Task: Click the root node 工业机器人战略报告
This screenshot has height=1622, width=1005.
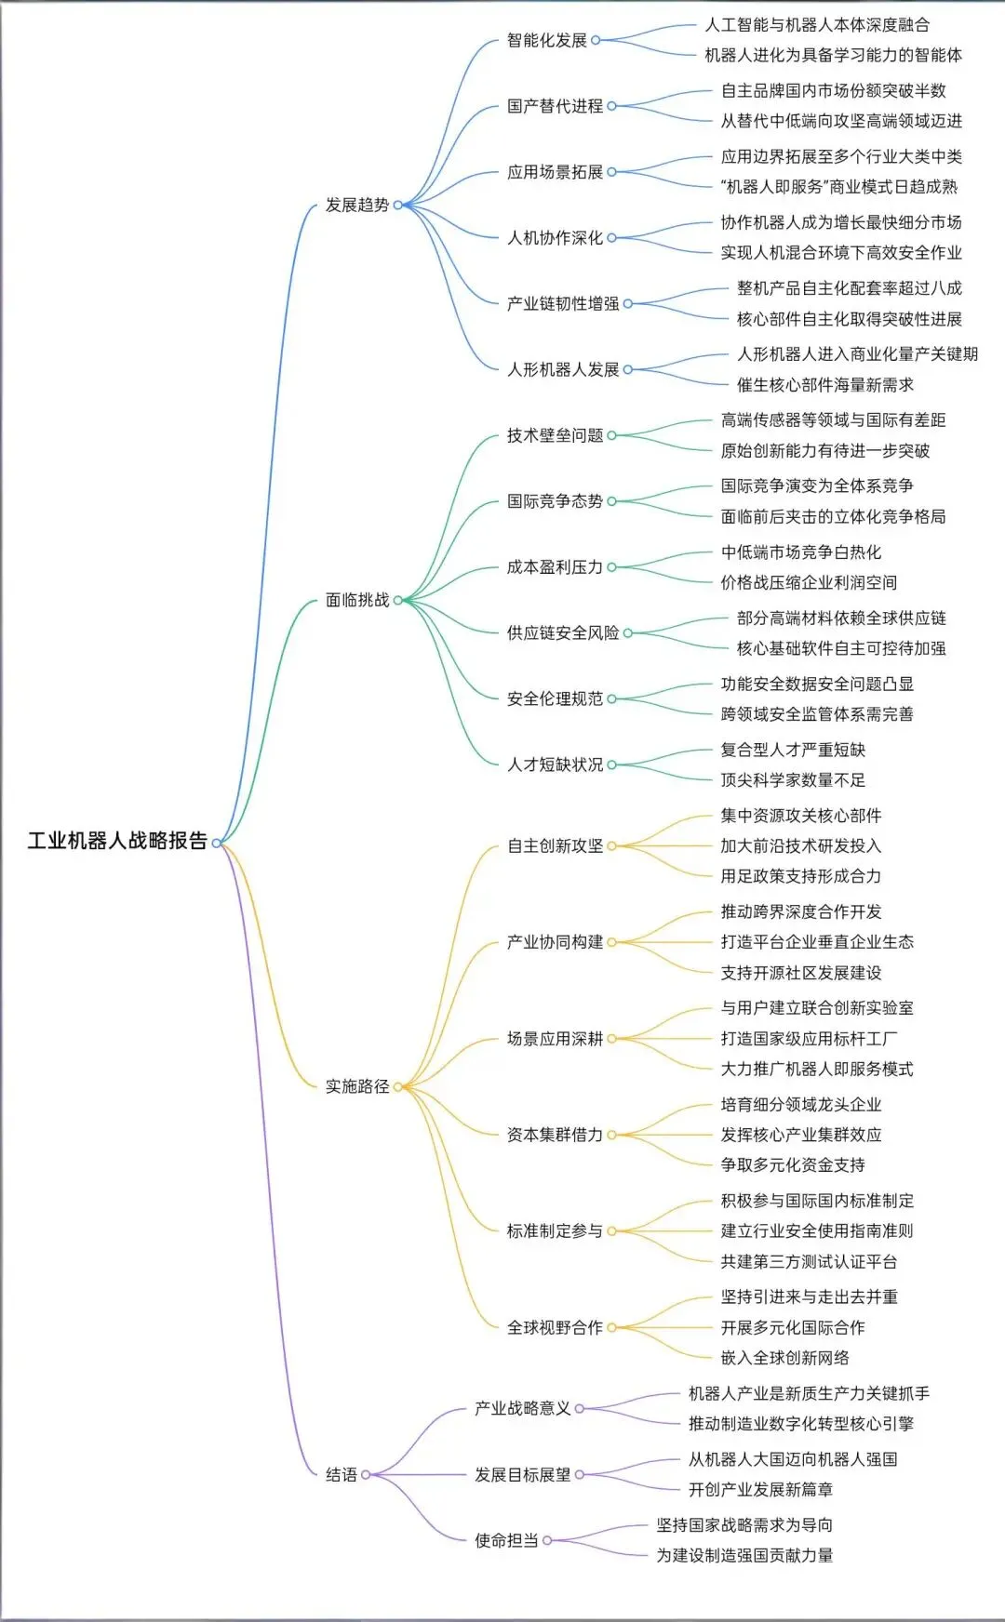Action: click(x=117, y=841)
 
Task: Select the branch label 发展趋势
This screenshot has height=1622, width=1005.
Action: click(x=357, y=205)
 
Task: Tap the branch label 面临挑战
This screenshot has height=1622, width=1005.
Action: click(x=357, y=600)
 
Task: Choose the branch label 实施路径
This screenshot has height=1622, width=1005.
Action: click(x=357, y=1086)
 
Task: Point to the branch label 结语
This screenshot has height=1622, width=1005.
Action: click(x=342, y=1474)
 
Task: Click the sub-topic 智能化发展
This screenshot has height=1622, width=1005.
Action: click(x=547, y=40)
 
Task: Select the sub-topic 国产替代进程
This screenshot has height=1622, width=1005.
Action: click(x=555, y=106)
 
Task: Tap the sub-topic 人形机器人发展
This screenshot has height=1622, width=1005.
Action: click(x=563, y=369)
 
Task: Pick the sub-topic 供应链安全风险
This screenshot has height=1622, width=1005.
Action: click(x=563, y=632)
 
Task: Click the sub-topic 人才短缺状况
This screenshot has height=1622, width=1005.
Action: click(x=555, y=764)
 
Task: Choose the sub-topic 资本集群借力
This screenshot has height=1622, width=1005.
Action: click(x=555, y=1135)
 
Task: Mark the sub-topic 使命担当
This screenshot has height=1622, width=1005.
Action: click(x=506, y=1540)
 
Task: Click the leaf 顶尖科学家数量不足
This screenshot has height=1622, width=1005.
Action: click(x=793, y=779)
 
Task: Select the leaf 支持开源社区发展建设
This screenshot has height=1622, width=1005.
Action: click(x=801, y=973)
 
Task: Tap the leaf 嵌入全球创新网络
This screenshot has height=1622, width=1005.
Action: click(x=784, y=1358)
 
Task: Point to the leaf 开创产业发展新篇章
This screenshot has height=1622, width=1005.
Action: click(x=760, y=1489)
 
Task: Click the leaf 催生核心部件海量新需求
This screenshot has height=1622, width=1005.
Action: click(x=825, y=384)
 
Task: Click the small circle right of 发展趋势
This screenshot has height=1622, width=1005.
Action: click(x=397, y=205)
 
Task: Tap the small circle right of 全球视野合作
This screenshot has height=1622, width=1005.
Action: click(x=611, y=1327)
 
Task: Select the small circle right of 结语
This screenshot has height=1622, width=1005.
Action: click(x=366, y=1474)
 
